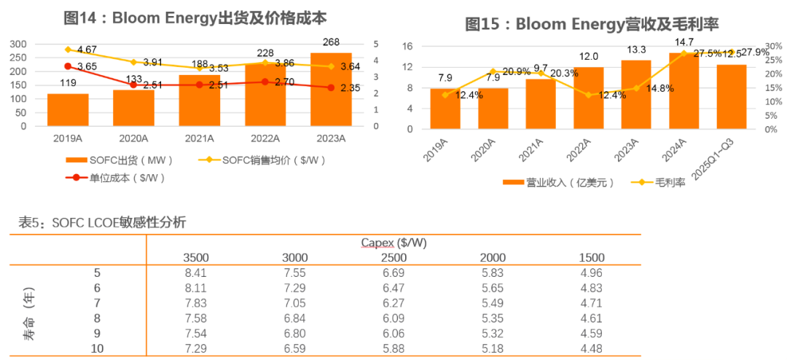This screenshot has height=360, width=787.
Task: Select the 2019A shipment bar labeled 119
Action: coord(67,109)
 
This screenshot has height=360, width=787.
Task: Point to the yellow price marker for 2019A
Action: coord(68,50)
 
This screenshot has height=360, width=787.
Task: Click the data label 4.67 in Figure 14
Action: coord(87,50)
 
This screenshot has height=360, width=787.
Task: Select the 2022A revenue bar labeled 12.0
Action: coord(589,98)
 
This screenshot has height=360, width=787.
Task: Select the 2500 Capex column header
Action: coord(393,257)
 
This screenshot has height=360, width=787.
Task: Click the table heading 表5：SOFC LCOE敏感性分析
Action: coord(102,223)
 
